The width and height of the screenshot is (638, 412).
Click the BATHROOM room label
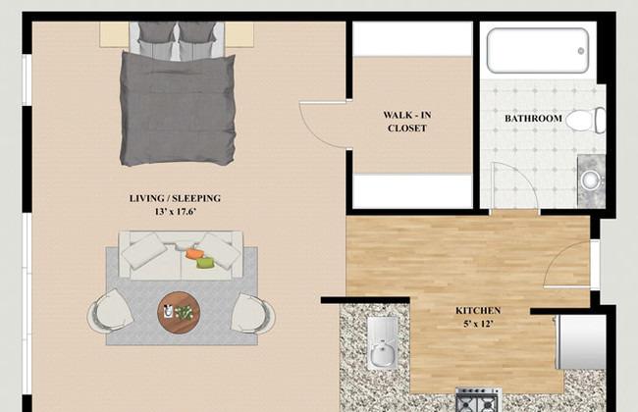pyautogui.click(x=533, y=119)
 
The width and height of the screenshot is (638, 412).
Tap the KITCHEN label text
pyautogui.click(x=478, y=311)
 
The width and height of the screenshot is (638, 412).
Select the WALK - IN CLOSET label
pyautogui.click(x=407, y=122)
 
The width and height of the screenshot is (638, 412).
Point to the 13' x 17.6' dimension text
pyautogui.click(x=176, y=212)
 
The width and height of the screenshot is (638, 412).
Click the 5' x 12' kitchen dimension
pyautogui.click(x=478, y=324)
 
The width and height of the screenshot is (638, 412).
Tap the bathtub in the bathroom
pyautogui.click(x=538, y=51)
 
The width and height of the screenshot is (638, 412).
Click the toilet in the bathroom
pyautogui.click(x=586, y=120)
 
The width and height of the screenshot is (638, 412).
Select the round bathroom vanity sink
pyautogui.click(x=590, y=180)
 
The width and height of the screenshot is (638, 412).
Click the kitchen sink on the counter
pyautogui.click(x=383, y=343)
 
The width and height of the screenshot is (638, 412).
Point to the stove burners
pyautogui.click(x=478, y=400)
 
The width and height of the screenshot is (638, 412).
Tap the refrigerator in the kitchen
pyautogui.click(x=581, y=341)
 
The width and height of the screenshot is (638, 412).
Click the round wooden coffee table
pyautogui.click(x=179, y=312)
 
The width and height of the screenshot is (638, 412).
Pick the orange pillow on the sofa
pyautogui.click(x=193, y=254)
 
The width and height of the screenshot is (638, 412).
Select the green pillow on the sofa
pyautogui.click(x=205, y=263)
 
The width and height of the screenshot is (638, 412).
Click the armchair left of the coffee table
pyautogui.click(x=110, y=310)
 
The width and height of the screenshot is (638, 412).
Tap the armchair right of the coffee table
pyautogui.click(x=252, y=313)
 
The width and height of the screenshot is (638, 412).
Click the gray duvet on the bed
pyautogui.click(x=178, y=109)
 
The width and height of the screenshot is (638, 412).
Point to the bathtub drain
pyautogui.click(x=581, y=51)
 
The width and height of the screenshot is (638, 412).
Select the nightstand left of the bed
pyautogui.click(x=114, y=34)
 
